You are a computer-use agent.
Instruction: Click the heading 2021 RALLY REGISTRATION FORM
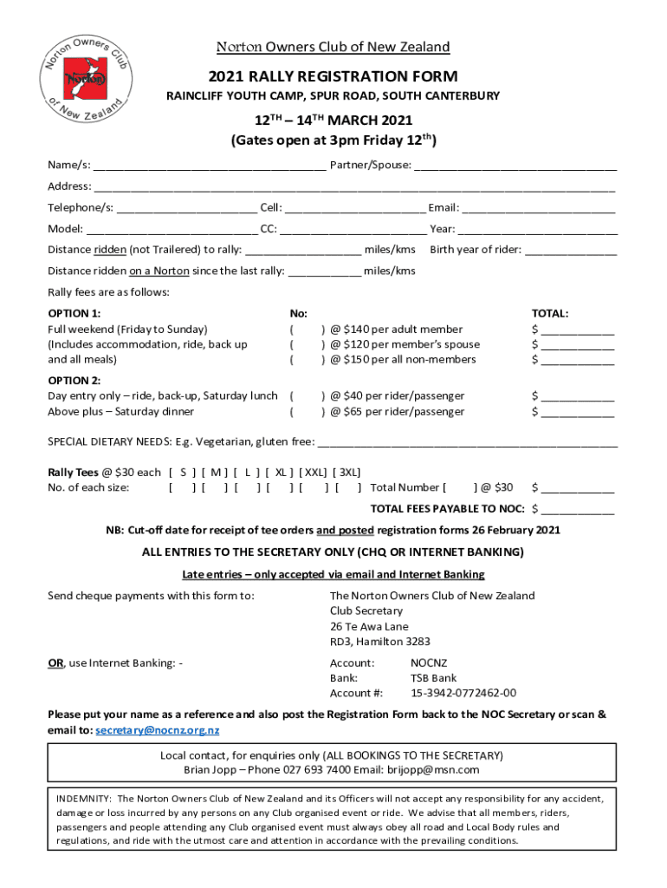[x=333, y=76]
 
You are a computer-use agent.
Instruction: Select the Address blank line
[x=354, y=188]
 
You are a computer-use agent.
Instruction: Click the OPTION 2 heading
[x=74, y=381]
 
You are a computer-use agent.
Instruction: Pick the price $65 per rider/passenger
[x=397, y=412]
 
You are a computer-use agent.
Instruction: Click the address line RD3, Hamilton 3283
[x=379, y=642]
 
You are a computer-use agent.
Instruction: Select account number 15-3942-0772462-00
[x=463, y=693]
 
